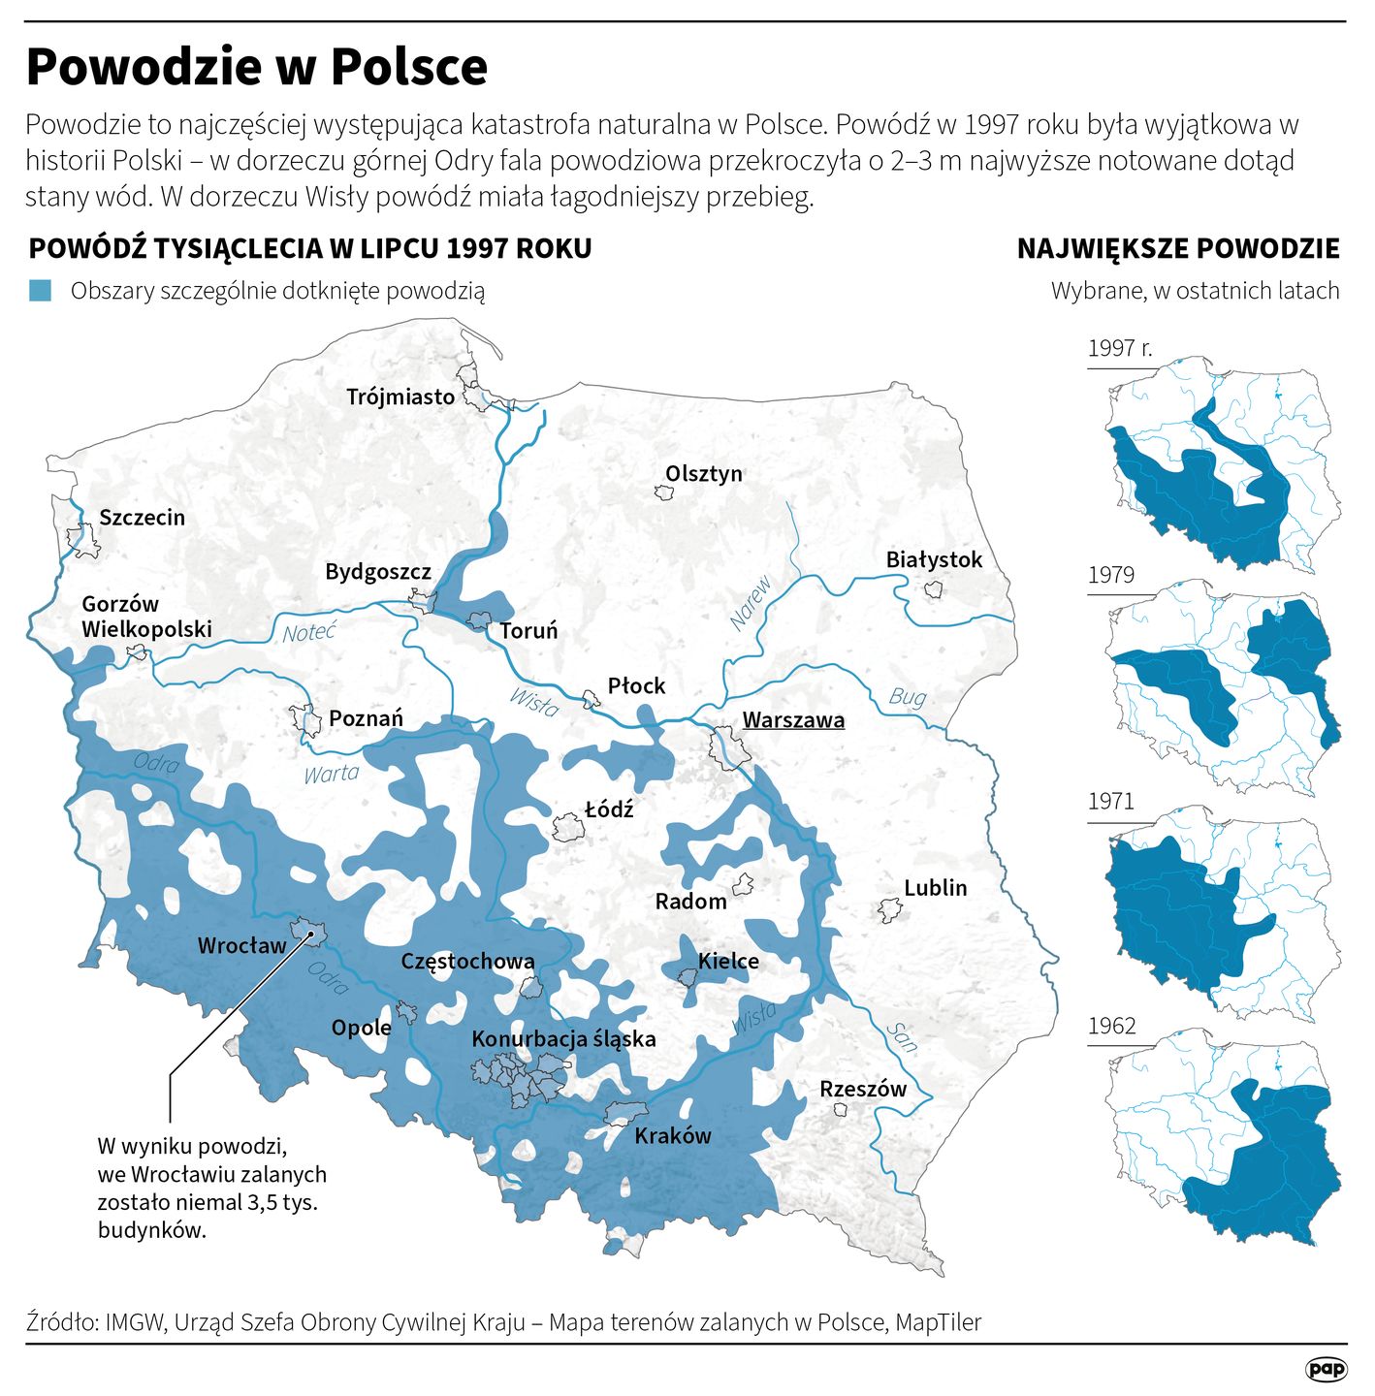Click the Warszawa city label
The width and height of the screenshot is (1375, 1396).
coord(793,720)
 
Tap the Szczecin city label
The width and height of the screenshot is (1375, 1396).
coord(142,518)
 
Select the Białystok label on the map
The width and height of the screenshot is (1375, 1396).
coord(934,560)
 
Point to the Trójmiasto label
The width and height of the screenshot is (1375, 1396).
coord(400,397)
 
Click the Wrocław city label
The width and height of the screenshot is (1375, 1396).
coord(242,946)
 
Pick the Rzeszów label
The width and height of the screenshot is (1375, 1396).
coord(863,1089)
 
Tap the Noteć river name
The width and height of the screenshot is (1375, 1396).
coord(309,633)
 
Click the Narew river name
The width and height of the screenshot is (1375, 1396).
coord(750,603)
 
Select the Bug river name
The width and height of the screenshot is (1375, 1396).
coord(907,697)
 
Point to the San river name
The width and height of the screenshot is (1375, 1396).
coord(902,1037)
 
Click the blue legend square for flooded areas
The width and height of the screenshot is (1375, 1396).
coord(40,291)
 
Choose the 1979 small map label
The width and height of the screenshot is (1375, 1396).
coord(1111,575)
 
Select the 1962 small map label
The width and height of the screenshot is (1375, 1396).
coord(1111,1027)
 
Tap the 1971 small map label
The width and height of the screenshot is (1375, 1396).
coord(1111,802)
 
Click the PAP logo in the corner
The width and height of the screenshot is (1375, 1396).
coord(1326,1369)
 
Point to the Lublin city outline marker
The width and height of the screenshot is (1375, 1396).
coord(889,910)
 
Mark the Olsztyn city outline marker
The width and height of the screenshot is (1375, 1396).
coord(664,492)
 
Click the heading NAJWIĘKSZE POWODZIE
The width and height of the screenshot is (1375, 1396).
coord(1178,249)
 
